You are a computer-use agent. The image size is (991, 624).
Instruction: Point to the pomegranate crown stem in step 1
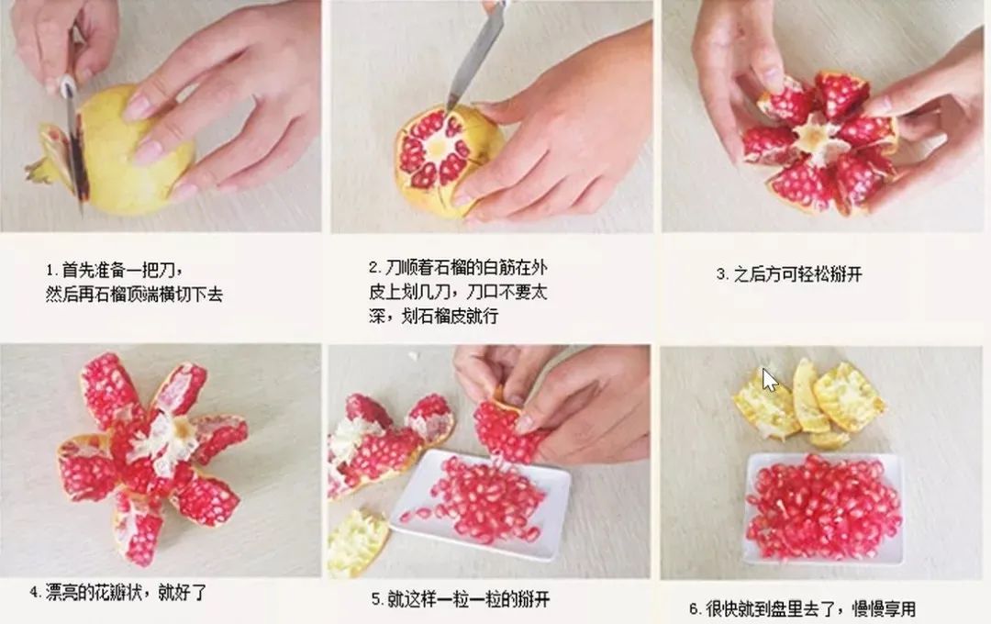coord(40,170)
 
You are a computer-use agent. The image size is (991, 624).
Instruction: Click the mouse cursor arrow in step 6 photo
coord(769,379)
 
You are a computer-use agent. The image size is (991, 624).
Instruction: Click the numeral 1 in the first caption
coord(50,271)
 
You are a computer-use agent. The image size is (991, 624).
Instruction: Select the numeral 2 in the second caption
coord(373,268)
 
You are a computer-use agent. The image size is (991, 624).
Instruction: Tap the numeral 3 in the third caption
coord(721,274)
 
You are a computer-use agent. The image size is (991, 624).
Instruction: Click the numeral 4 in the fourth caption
coord(35,594)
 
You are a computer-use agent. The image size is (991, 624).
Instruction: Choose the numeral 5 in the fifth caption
coord(376,600)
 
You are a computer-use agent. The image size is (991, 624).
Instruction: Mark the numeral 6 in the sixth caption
coord(694,608)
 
